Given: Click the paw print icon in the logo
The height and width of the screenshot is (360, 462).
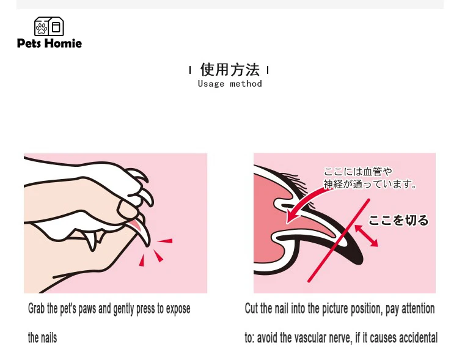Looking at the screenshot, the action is click(x=42, y=28).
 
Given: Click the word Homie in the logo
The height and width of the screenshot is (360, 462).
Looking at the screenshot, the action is click(x=64, y=43).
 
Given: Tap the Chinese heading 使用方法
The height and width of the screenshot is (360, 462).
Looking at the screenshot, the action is click(x=230, y=70).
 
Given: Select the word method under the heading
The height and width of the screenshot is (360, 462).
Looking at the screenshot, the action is click(x=246, y=84).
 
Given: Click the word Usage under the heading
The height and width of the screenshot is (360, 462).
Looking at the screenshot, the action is click(x=211, y=84).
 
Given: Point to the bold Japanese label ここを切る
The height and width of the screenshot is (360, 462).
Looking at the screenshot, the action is click(x=398, y=220).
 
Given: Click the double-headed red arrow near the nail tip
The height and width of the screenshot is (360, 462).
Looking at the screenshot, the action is click(x=366, y=236).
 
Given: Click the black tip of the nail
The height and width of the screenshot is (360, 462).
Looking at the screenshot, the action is click(x=355, y=255).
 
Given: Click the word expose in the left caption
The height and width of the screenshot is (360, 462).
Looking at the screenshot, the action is click(x=178, y=309).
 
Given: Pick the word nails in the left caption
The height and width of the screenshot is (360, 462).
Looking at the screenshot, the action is click(x=48, y=338).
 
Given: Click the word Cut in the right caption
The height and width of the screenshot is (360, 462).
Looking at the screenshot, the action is click(x=251, y=309).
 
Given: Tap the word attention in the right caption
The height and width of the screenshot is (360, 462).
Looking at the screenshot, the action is click(x=418, y=309).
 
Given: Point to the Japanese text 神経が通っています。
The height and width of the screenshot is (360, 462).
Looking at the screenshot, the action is click(x=370, y=184).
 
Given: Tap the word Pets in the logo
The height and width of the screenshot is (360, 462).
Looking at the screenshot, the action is click(x=29, y=43).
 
